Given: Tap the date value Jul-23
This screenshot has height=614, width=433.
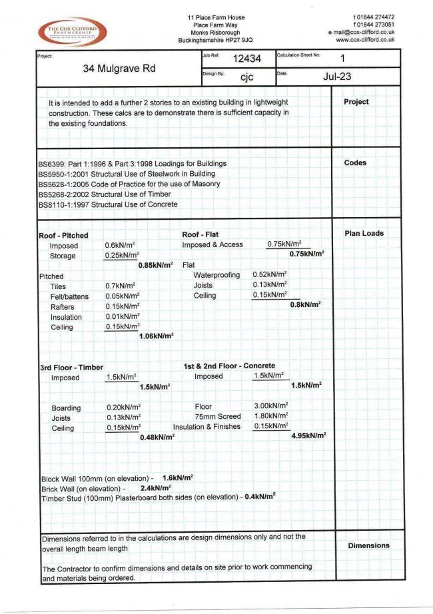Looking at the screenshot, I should click(x=337, y=77).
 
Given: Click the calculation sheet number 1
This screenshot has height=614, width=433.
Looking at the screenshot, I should click(x=342, y=59).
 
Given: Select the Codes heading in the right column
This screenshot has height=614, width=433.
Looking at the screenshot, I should click(x=355, y=162).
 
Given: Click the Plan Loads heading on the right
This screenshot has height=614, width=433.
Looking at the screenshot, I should click(x=364, y=234).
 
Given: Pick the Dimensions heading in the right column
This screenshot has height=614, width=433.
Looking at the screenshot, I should click(x=368, y=545).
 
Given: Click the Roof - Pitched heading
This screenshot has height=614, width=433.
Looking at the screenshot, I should click(x=63, y=236).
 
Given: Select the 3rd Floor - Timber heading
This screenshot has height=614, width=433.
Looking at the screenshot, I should click(x=71, y=367).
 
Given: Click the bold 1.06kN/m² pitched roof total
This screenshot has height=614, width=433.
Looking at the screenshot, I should click(x=156, y=336).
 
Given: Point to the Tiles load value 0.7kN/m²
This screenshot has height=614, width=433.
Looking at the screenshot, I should click(x=121, y=286).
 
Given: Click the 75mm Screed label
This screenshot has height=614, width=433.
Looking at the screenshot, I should click(x=217, y=416).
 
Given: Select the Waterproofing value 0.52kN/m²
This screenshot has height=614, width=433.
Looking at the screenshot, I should click(x=270, y=274).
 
